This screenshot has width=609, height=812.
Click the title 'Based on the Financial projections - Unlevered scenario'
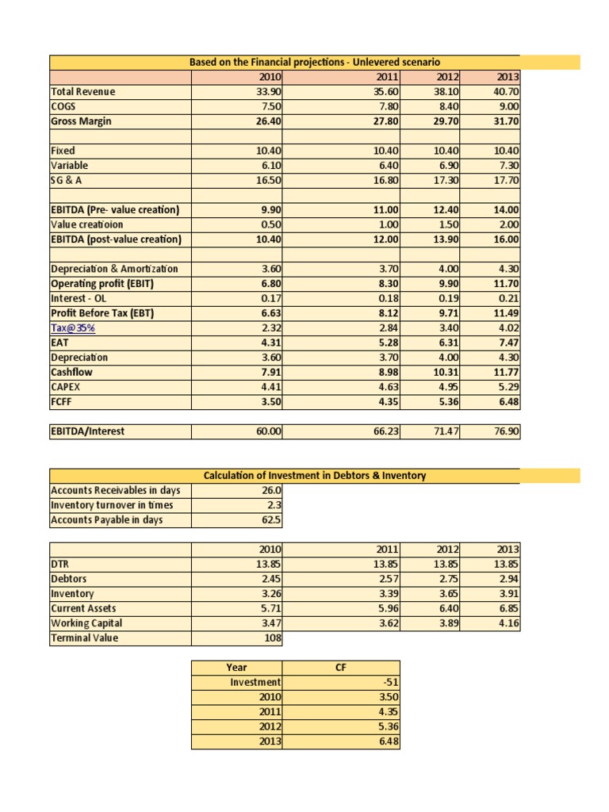[x=314, y=62]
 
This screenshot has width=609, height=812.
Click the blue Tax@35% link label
[x=67, y=328]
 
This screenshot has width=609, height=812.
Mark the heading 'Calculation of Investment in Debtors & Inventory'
[x=315, y=476]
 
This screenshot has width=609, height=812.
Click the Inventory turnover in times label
[x=111, y=505]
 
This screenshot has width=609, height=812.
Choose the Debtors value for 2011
[x=386, y=579]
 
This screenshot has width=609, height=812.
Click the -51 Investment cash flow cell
[x=386, y=682]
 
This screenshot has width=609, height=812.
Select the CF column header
[x=343, y=667]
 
